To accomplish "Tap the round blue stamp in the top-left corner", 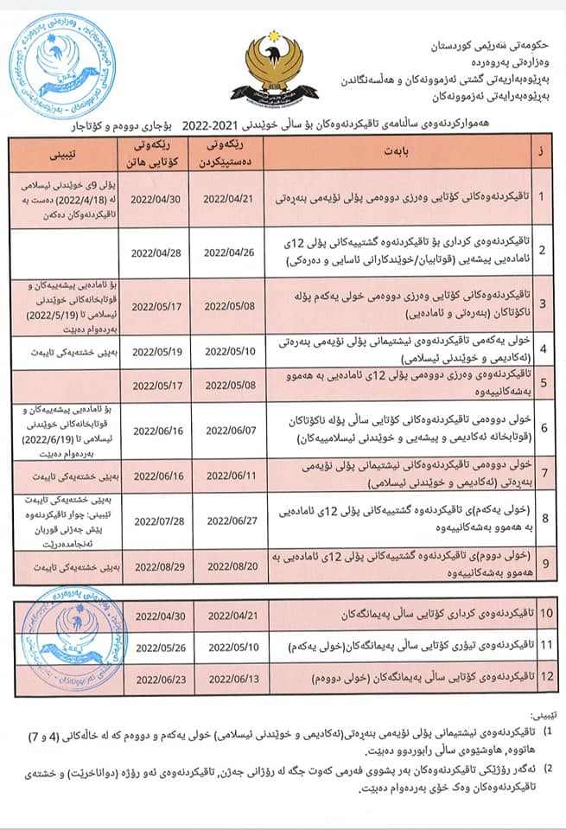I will coord(54,66).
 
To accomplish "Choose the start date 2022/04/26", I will coord(232,252).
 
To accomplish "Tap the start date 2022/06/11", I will coord(232,476).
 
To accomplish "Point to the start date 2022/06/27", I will coord(232,520).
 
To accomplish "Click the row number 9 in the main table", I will coord(541,566).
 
